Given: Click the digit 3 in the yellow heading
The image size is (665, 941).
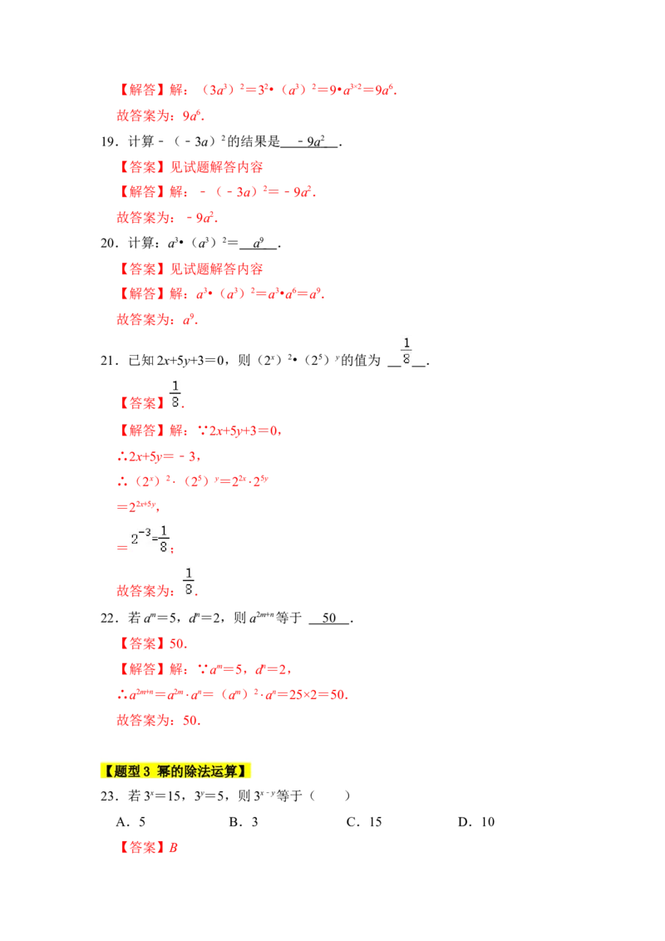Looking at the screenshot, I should (145, 771).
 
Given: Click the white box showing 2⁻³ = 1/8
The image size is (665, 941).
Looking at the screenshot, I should (150, 538).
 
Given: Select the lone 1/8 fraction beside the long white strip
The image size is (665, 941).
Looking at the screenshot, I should (406, 350).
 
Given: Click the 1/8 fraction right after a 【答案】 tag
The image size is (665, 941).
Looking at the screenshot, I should (175, 392).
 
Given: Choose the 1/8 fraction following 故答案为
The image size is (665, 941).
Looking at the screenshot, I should (190, 579).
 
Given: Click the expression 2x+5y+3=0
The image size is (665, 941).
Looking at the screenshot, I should (241, 431).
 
